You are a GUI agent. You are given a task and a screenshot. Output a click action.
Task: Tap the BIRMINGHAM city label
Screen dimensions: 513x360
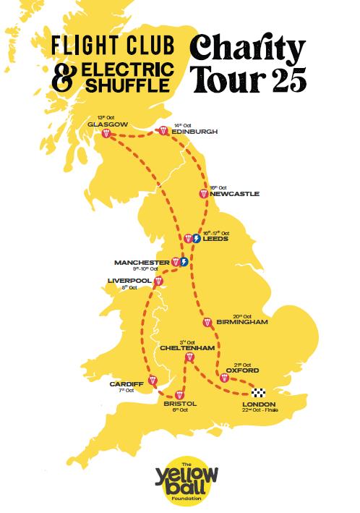point(242,321)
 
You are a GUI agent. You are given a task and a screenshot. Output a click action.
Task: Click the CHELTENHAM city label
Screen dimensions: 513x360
point(187,348)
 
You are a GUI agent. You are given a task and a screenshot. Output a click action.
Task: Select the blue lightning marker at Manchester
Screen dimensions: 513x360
point(184,261)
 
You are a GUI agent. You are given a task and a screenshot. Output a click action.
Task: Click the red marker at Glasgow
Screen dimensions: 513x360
point(106,134)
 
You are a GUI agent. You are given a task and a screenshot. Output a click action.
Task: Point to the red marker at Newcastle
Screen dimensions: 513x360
point(205,193)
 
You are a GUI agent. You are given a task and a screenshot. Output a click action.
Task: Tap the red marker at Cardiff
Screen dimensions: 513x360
point(153,381)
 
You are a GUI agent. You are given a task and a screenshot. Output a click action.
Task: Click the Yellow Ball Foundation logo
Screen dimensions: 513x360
point(180,480)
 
